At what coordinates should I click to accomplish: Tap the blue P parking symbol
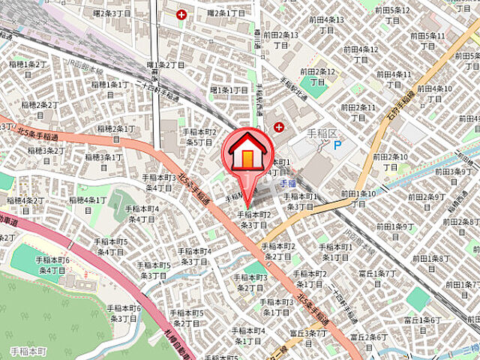point(337,145)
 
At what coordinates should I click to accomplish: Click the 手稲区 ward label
point(320,133)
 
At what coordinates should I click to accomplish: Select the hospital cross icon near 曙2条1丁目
point(181,13)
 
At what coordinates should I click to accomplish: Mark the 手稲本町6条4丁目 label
point(52,264)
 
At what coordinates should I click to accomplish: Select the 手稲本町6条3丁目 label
point(124,313)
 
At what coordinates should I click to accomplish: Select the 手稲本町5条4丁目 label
point(110,247)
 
